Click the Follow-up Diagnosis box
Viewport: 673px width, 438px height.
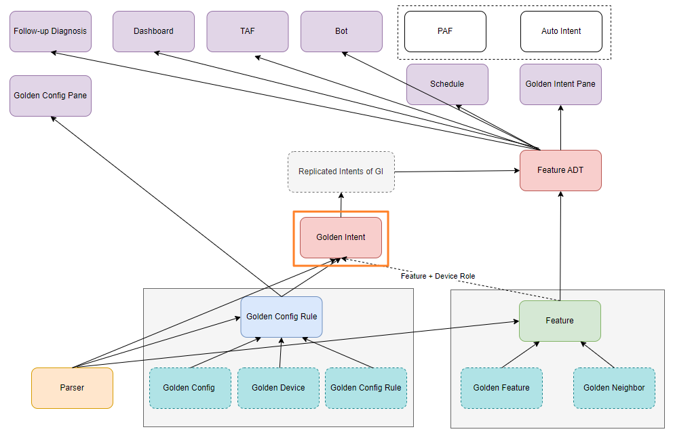(x=50, y=31)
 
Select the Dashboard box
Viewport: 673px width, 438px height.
(x=153, y=31)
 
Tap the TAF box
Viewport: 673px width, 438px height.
(x=248, y=31)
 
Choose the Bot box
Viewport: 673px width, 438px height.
(x=341, y=31)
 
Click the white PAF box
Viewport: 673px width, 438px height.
(x=445, y=31)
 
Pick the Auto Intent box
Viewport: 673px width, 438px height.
(x=561, y=31)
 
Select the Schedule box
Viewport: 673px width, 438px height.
(x=447, y=84)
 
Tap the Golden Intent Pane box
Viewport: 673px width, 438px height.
(x=560, y=84)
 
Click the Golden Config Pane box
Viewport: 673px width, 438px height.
(x=50, y=96)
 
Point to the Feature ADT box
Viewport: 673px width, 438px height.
(x=560, y=170)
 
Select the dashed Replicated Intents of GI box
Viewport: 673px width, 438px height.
(x=341, y=172)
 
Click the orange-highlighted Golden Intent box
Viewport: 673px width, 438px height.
(x=341, y=237)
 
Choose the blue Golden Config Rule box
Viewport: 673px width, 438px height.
(x=282, y=317)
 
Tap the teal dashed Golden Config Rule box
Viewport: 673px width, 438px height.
(x=366, y=388)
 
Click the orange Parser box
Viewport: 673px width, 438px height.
(x=72, y=388)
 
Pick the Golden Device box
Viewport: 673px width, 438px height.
(x=278, y=388)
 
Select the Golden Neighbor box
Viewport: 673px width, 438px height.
(x=614, y=388)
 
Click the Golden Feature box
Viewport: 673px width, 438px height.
(x=501, y=388)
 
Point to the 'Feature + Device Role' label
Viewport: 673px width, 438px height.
(x=438, y=276)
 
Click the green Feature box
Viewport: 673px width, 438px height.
(x=560, y=321)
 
